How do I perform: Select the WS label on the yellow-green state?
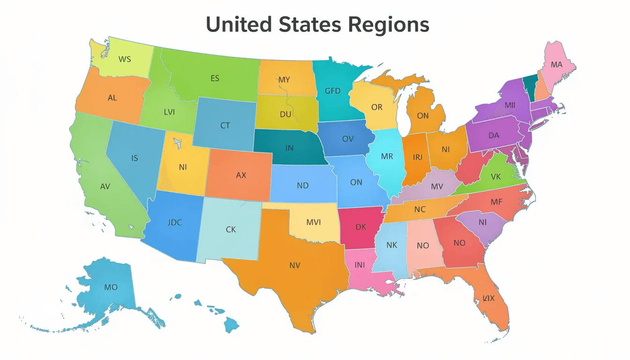[x=125, y=60]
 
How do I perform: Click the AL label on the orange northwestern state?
[x=112, y=98]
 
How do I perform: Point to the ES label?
[x=215, y=78]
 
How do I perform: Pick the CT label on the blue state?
[x=225, y=126]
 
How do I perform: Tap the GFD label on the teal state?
[x=333, y=91]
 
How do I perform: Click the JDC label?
[x=174, y=223]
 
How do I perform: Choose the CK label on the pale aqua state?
[x=231, y=230]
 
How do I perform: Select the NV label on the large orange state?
[x=294, y=265]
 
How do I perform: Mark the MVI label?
[x=314, y=222]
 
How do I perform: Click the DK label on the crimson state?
[x=360, y=227]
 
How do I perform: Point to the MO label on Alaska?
[x=111, y=287]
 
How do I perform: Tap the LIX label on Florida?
[x=489, y=298]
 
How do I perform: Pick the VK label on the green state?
[x=496, y=177]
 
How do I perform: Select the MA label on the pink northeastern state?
[x=556, y=65]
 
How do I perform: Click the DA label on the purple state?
[x=494, y=135]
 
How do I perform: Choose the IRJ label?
[x=417, y=157]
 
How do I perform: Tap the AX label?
[x=241, y=175]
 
